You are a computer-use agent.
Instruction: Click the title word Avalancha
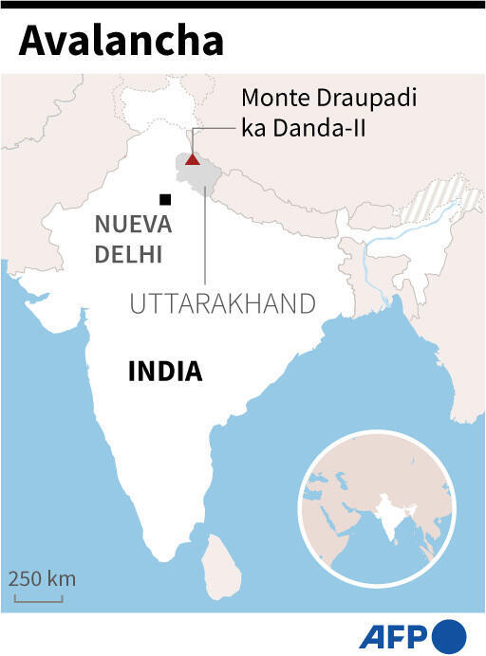pos(121,43)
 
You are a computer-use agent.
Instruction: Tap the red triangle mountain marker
pos(192,159)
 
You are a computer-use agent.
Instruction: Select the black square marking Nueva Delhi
pos(165,199)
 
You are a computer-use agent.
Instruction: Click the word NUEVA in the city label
pos(133,226)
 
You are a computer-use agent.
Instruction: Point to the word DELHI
pos(128,253)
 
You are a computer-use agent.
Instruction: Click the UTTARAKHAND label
pos(222,303)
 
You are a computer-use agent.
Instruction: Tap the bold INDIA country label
pos(165,372)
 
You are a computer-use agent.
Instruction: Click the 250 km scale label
pos(43,578)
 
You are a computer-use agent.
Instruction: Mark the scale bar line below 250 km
pos(39,598)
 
